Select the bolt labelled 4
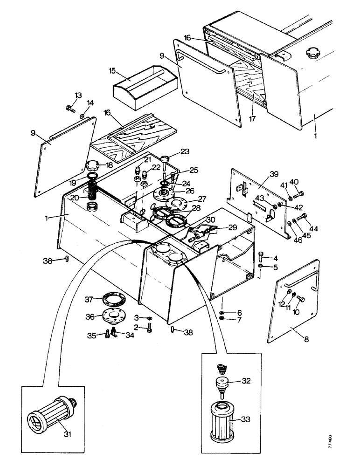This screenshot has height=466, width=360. pos(261,254)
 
